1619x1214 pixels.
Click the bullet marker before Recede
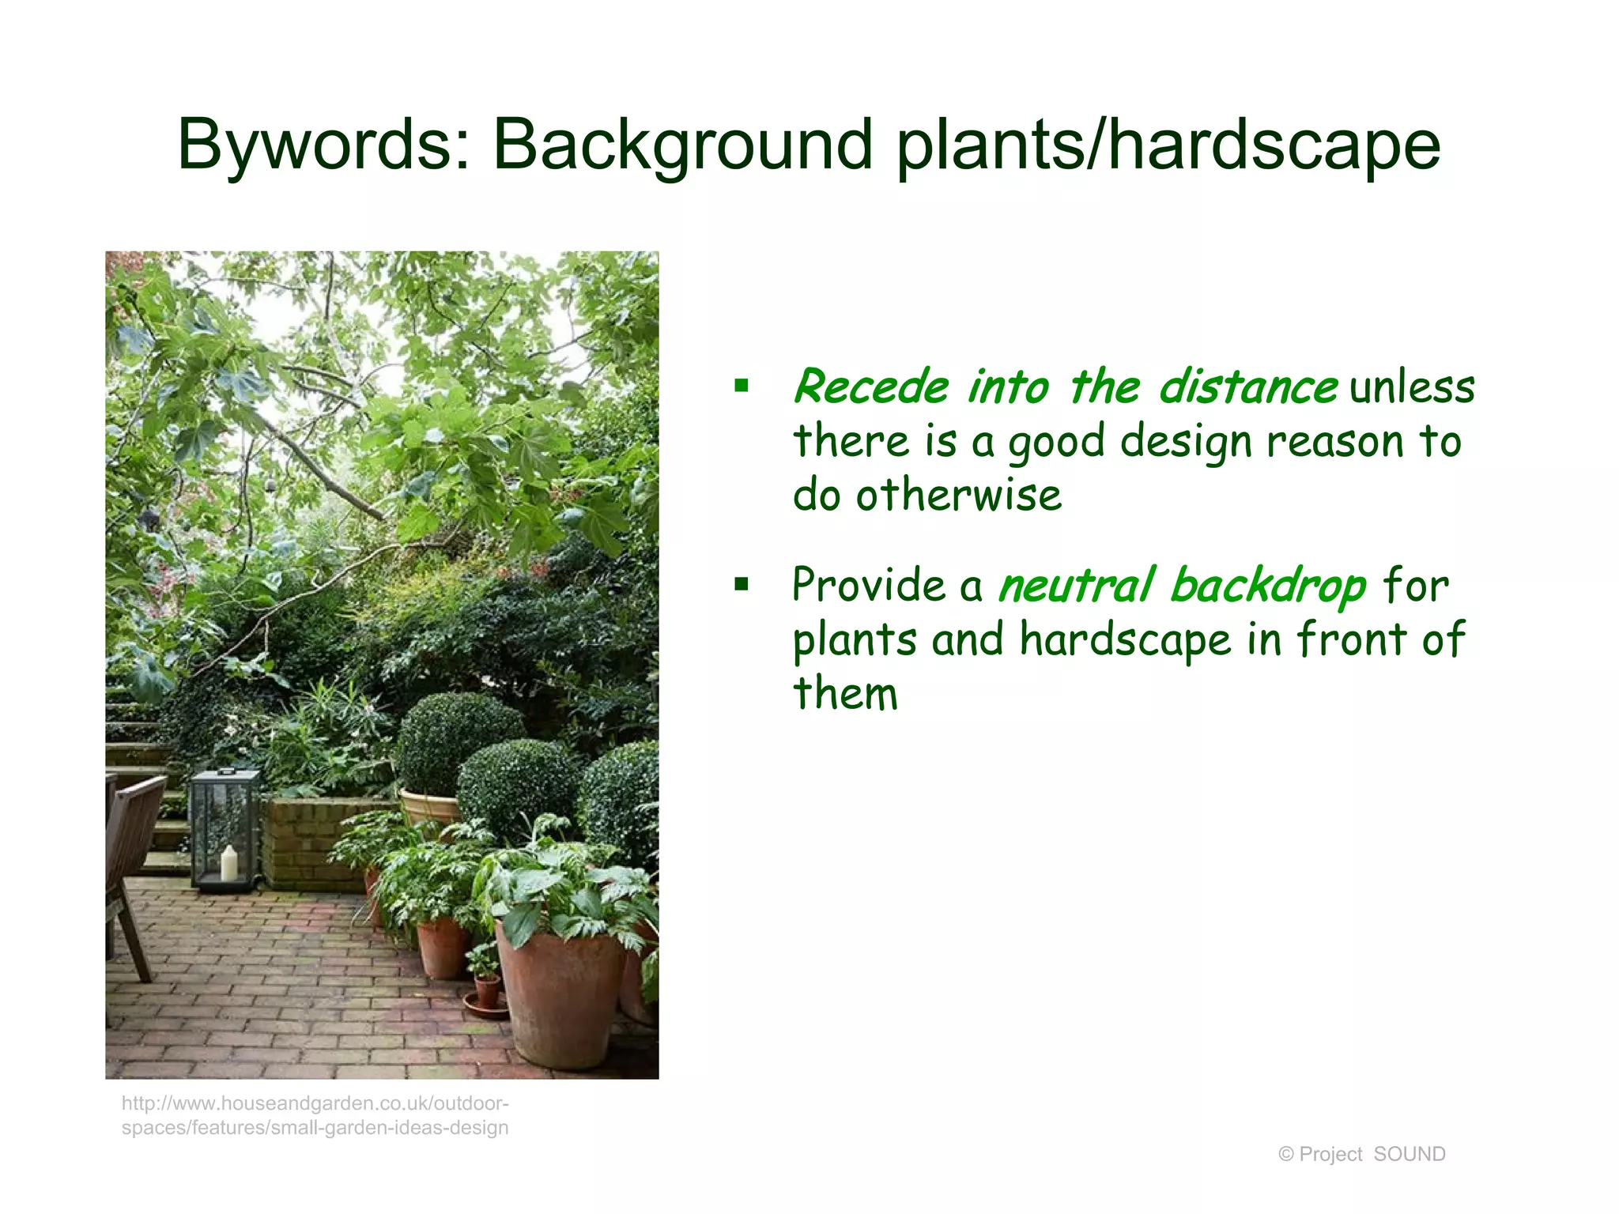tap(741, 386)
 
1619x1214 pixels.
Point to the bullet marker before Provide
tap(741, 585)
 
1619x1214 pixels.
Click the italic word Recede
tap(870, 387)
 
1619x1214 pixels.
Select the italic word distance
tap(1247, 387)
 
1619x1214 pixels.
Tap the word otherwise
tap(958, 496)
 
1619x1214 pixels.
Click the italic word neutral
tap(1077, 586)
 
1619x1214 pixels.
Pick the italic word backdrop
tap(1268, 586)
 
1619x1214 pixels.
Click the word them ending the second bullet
tap(845, 693)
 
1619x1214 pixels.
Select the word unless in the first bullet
tap(1412, 387)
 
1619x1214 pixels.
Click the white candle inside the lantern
tap(229, 863)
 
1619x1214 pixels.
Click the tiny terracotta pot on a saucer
tap(486, 992)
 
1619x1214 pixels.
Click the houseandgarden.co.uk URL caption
tap(315, 1115)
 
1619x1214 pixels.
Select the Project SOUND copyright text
tap(1361, 1154)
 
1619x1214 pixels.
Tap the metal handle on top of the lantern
tap(227, 771)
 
